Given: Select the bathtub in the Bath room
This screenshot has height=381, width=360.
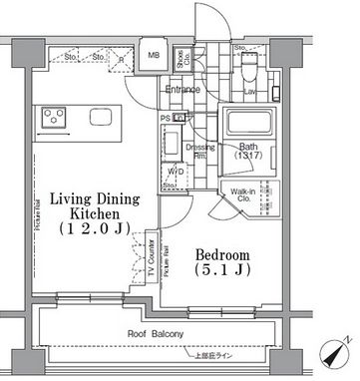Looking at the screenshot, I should [249, 124].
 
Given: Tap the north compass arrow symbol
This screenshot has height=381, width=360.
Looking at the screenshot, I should [339, 353].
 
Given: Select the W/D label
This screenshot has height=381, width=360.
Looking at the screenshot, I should [175, 171].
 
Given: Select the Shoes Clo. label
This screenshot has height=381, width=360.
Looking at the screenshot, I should [183, 58].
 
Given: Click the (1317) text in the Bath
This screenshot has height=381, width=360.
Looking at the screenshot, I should [248, 156].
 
